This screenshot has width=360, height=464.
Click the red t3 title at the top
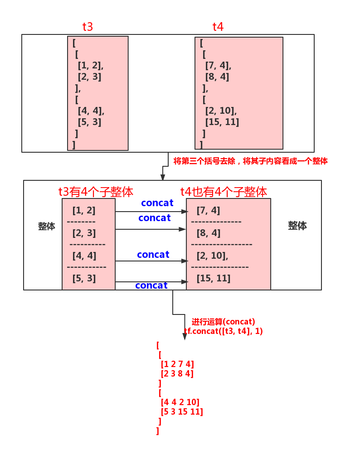(88, 27)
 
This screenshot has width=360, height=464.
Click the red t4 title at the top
(218, 27)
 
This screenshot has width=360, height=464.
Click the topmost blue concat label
(157, 203)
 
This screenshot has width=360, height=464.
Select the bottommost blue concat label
(151, 285)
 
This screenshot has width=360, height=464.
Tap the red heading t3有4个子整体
(96, 192)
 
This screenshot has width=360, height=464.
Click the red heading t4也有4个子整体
(224, 192)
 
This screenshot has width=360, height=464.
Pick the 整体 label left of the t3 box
(47, 226)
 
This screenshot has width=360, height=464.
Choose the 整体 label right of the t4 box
(297, 225)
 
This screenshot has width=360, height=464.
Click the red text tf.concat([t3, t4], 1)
(224, 331)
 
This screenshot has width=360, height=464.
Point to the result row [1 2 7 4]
(177, 364)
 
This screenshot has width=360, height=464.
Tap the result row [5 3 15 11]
(182, 411)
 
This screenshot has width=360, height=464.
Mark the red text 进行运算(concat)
(223, 322)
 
